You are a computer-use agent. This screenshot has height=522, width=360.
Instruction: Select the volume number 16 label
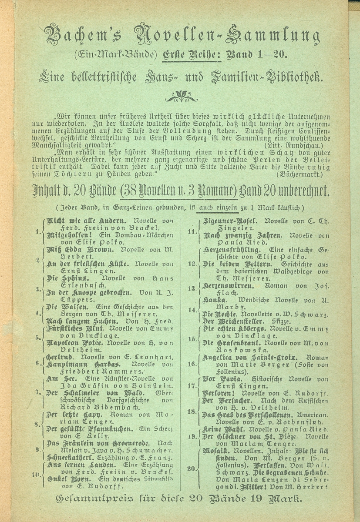(x=192, y=362)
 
